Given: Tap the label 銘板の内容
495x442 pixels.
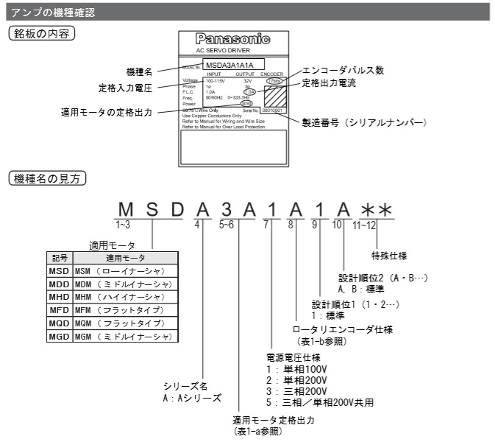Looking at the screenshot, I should click(43, 34).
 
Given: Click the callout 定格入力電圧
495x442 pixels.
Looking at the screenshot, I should click(126, 87).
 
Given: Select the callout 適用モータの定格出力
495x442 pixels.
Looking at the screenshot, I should click(108, 113).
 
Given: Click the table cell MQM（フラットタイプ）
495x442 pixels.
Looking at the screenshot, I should click(121, 323).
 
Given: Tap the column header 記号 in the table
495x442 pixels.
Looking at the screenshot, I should click(58, 258).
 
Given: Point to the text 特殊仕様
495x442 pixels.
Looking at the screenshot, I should click(388, 256).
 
